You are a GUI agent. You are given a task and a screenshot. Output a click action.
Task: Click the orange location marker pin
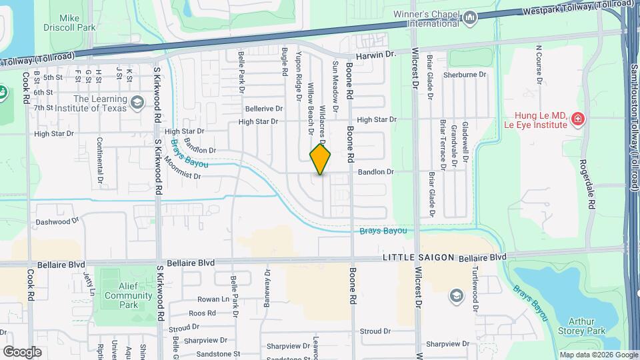(320, 159)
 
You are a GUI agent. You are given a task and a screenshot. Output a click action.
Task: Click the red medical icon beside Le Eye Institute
(577, 119)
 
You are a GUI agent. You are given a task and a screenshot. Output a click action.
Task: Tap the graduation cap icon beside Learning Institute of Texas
(137, 103)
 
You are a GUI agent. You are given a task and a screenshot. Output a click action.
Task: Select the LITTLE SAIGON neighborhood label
(418, 257)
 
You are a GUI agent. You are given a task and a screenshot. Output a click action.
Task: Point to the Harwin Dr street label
(376, 57)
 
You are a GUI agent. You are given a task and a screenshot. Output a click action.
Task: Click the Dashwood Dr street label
(57, 221)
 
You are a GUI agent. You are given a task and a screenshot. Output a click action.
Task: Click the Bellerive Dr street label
(265, 109)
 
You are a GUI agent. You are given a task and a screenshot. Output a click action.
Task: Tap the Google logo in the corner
(22, 351)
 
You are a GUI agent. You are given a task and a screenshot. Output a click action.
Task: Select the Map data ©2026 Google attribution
(598, 355)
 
